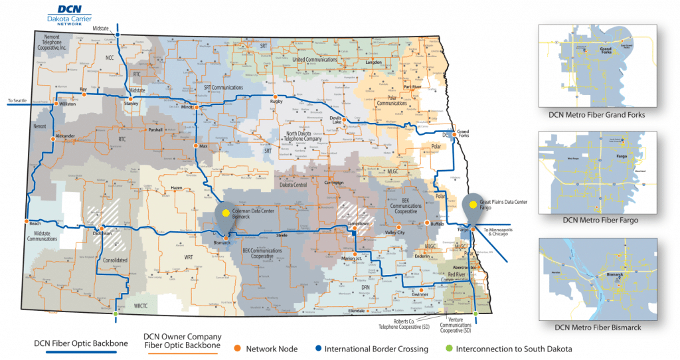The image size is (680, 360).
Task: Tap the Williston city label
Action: pos(67,104)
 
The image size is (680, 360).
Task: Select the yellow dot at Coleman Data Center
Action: pos(226,213)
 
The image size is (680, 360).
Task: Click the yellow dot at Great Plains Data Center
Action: pos(472,205)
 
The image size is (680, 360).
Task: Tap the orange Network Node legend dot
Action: pos(237,348)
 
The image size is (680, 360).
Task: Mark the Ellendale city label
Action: pos(357,311)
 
